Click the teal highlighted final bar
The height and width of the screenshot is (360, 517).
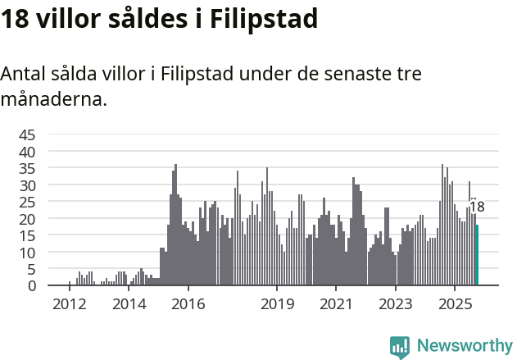pos(477,255)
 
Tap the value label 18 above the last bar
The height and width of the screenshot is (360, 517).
pos(476,207)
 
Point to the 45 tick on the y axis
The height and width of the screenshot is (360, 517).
pos(27,134)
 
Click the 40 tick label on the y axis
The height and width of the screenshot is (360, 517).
pos(27,152)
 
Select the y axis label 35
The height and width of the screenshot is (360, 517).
pos(27,169)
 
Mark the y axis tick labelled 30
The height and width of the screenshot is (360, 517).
pos(27,185)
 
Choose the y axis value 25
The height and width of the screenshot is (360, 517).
pos(27,203)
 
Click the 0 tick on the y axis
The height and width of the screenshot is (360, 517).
pos(32,286)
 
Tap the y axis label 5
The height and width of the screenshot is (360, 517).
pos(32,269)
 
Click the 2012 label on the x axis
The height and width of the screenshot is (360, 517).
pos(70,304)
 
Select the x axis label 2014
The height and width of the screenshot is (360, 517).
pos(129,304)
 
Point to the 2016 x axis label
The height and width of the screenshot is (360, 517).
pos(188,304)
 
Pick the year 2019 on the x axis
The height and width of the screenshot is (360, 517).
pos(277,304)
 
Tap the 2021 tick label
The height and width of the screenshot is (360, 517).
pos(336,304)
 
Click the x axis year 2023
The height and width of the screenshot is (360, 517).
pos(396,304)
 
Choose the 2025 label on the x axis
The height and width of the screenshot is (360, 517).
pos(455,304)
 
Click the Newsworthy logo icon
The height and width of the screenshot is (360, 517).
pos(400,347)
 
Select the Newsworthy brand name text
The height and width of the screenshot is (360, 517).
pos(464,346)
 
